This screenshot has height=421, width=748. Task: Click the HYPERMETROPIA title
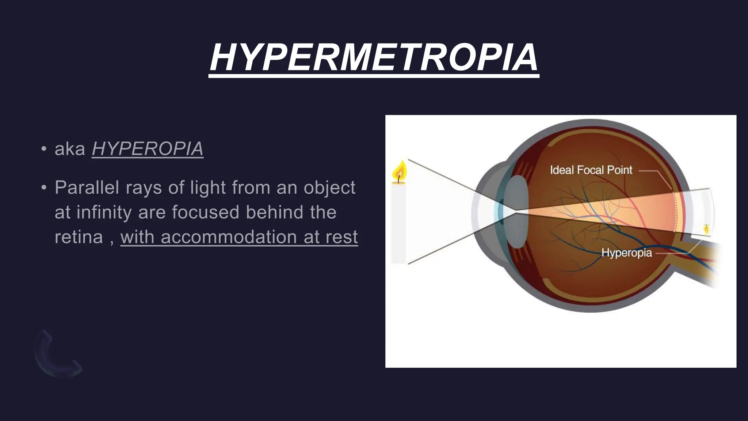pyautogui.click(x=374, y=58)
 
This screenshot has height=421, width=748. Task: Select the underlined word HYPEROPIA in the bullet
pyautogui.click(x=148, y=149)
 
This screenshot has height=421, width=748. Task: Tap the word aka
pyautogui.click(x=70, y=149)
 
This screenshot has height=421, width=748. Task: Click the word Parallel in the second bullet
pyautogui.click(x=87, y=188)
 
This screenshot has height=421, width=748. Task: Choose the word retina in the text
pyautogui.click(x=79, y=237)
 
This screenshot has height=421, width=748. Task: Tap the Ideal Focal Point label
pyautogui.click(x=591, y=170)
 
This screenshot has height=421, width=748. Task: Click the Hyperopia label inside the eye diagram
pyautogui.click(x=626, y=253)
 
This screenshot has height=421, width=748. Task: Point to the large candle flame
pyautogui.click(x=399, y=171)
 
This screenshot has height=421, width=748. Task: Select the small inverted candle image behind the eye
pyautogui.click(x=706, y=230)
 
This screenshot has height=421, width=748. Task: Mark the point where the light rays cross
pyautogui.click(x=515, y=211)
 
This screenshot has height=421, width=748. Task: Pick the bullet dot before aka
pyautogui.click(x=44, y=149)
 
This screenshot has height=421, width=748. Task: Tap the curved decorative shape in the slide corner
pyautogui.click(x=55, y=356)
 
